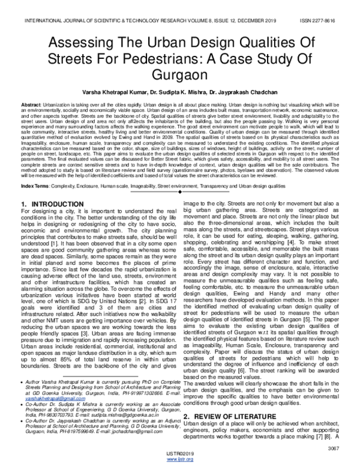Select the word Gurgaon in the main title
click(179, 78)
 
